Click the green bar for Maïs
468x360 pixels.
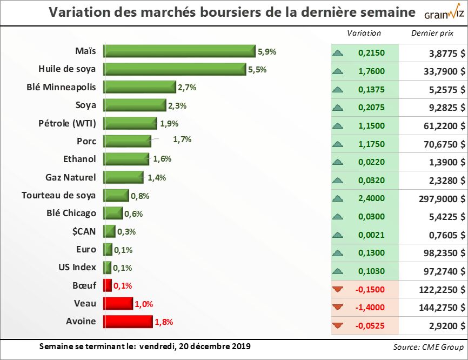pos(179,51)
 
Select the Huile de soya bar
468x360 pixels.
pos(175,69)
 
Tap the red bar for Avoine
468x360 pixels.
pos(128,322)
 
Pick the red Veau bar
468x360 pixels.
pos(118,304)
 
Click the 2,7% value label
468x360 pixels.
pos(187,87)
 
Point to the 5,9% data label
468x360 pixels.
pos(267,52)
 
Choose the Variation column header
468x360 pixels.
pos(364,33)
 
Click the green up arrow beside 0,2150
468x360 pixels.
pos(338,53)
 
